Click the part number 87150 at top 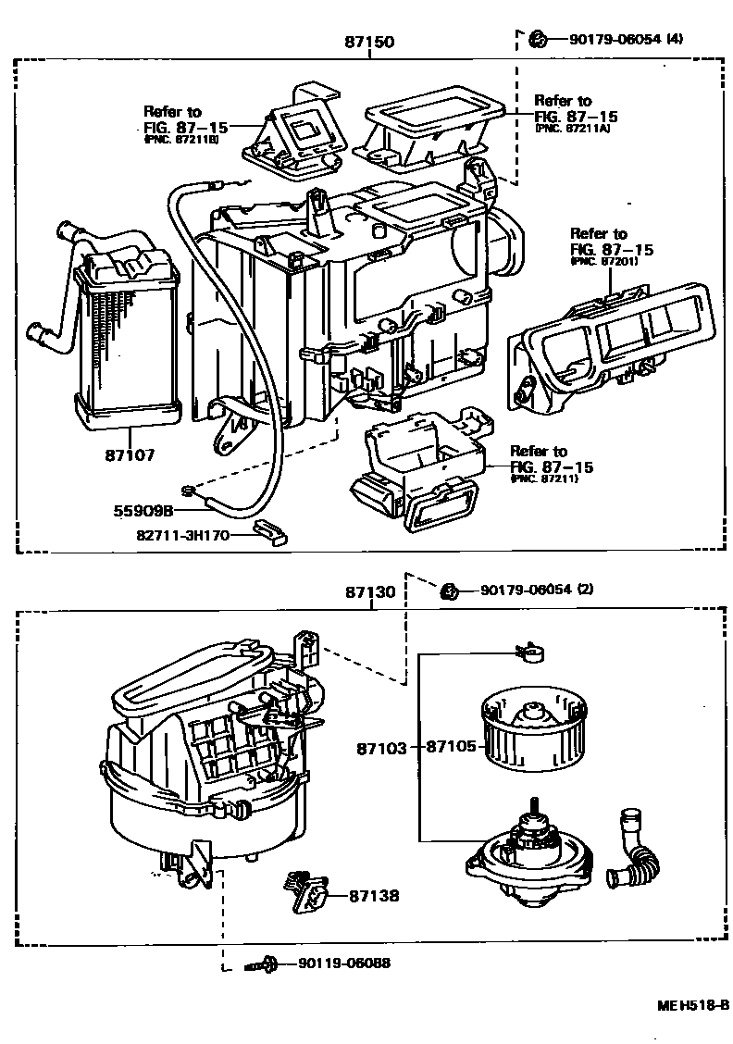[x=369, y=42]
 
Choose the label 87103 [x=380, y=747]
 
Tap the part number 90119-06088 [x=343, y=963]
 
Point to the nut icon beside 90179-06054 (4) [x=535, y=38]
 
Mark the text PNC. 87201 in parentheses [x=603, y=262]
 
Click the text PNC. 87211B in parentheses [x=181, y=140]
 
